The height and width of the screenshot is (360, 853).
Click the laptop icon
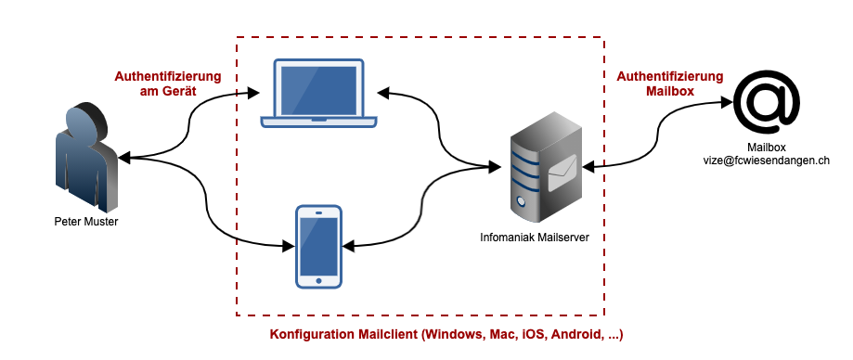318,93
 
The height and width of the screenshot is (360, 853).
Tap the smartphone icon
318,246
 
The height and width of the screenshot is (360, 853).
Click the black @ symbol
767,103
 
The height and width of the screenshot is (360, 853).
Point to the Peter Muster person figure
87,157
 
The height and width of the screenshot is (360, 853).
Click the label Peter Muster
86,222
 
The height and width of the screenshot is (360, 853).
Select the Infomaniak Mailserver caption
535,238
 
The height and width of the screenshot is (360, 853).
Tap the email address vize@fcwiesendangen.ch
767,161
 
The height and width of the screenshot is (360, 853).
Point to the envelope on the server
562,173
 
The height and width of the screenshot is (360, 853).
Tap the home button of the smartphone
318,280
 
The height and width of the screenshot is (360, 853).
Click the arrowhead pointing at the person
124,159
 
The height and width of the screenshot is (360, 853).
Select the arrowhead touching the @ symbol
726,101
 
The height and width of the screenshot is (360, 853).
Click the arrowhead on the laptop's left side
252,93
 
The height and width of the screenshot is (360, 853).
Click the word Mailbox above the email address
767,148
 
